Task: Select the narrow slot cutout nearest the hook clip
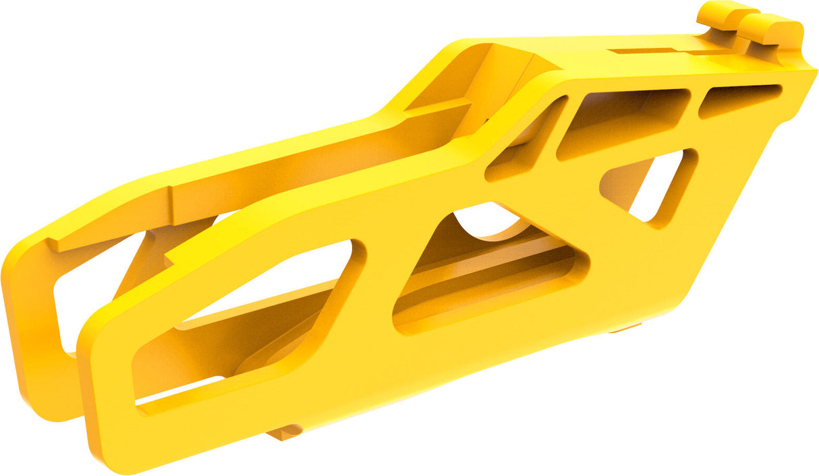click(x=739, y=100)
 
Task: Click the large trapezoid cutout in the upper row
click(x=624, y=121)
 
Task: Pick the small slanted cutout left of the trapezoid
click(x=526, y=142)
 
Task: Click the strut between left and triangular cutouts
click(x=378, y=290)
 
